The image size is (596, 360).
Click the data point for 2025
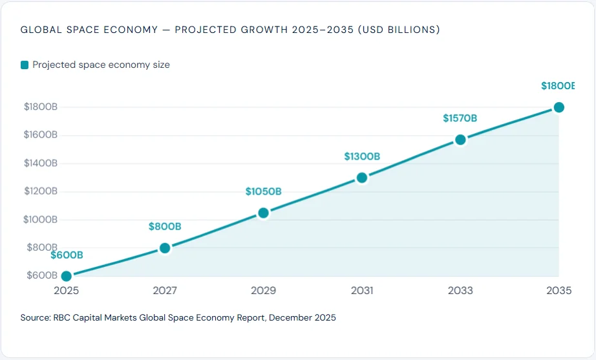(66, 276)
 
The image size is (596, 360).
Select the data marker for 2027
(165, 248)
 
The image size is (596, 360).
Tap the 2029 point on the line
(263, 213)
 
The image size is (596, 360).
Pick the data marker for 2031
(362, 178)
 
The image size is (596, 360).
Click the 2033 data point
(460, 140)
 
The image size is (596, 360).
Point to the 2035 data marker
(559, 107)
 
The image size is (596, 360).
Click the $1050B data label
(263, 191)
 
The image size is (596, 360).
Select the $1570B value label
(460, 118)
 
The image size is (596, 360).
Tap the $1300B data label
(362, 156)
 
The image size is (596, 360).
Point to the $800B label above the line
(165, 226)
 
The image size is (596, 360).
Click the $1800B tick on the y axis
(41, 107)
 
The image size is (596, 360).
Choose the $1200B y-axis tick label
(41, 191)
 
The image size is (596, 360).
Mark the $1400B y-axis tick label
(41, 163)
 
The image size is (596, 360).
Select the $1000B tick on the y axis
(41, 219)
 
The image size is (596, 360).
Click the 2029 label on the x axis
(263, 291)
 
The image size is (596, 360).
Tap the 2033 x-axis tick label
(460, 291)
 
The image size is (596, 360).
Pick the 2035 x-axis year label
(559, 291)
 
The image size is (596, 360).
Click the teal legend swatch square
(25, 65)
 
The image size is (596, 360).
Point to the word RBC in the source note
(63, 318)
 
